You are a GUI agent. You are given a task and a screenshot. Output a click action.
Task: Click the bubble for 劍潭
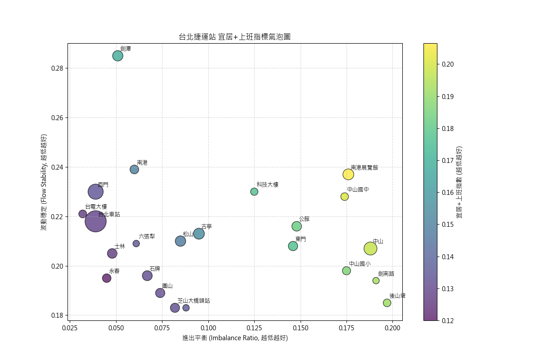[x=118, y=56]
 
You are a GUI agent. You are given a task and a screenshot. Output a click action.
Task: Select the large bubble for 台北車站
[x=95, y=221]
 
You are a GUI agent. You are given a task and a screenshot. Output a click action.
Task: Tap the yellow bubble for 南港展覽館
[x=348, y=174]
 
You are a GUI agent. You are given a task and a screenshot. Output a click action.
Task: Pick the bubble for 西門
[x=95, y=192]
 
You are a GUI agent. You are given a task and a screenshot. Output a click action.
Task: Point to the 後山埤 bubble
[x=387, y=303]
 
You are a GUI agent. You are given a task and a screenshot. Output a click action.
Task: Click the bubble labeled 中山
[x=370, y=248]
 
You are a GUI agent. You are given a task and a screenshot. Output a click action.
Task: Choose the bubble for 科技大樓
[x=254, y=192]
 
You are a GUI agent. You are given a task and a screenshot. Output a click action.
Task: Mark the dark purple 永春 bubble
[x=107, y=278]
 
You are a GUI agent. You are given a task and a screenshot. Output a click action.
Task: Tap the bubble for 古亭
[x=199, y=234]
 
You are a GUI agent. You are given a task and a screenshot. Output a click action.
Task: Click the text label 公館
[x=304, y=219]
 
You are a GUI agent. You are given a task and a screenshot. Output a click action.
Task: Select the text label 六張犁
[x=147, y=236]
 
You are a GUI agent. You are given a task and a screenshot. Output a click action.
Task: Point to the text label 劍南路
[x=386, y=274]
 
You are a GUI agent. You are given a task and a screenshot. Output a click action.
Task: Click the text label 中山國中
[x=358, y=190]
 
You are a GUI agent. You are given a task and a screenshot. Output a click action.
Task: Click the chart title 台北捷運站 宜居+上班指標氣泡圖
[x=234, y=37]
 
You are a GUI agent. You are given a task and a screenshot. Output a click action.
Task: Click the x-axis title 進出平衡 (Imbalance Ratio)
[x=235, y=338]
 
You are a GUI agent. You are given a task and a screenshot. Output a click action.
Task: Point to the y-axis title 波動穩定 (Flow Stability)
[x=44, y=182]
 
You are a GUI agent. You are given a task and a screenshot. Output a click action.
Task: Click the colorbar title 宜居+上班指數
[x=459, y=182]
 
